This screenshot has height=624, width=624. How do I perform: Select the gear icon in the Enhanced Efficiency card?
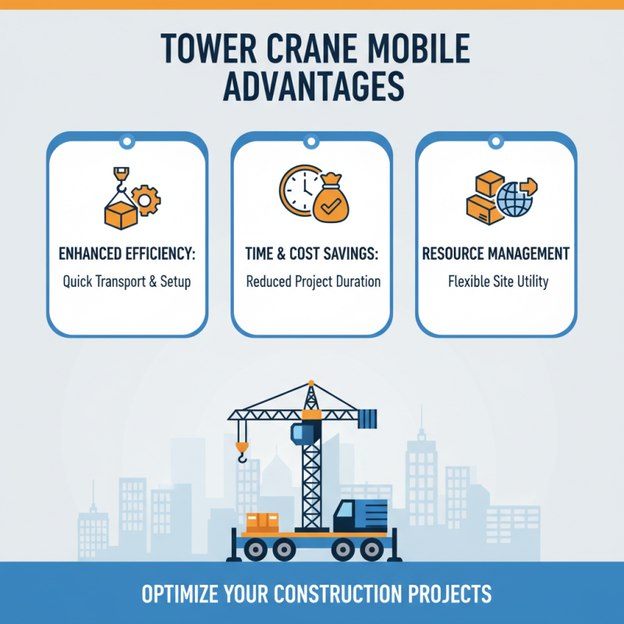pos(145,201)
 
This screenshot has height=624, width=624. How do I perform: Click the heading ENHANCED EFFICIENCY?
pos(127,254)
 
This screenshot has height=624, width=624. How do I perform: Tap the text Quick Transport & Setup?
pos(127,281)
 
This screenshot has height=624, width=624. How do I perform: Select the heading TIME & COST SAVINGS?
pos(312,254)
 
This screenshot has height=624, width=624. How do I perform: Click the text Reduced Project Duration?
pos(312,281)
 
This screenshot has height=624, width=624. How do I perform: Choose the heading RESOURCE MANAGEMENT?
pos(496,254)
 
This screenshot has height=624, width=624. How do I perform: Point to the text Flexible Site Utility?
pos(496,281)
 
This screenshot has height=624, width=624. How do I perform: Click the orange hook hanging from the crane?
pos(243,450)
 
